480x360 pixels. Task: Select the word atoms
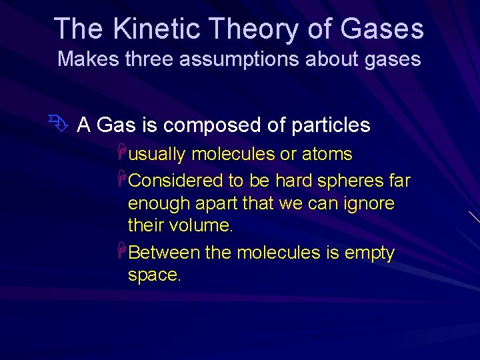tap(326, 155)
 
